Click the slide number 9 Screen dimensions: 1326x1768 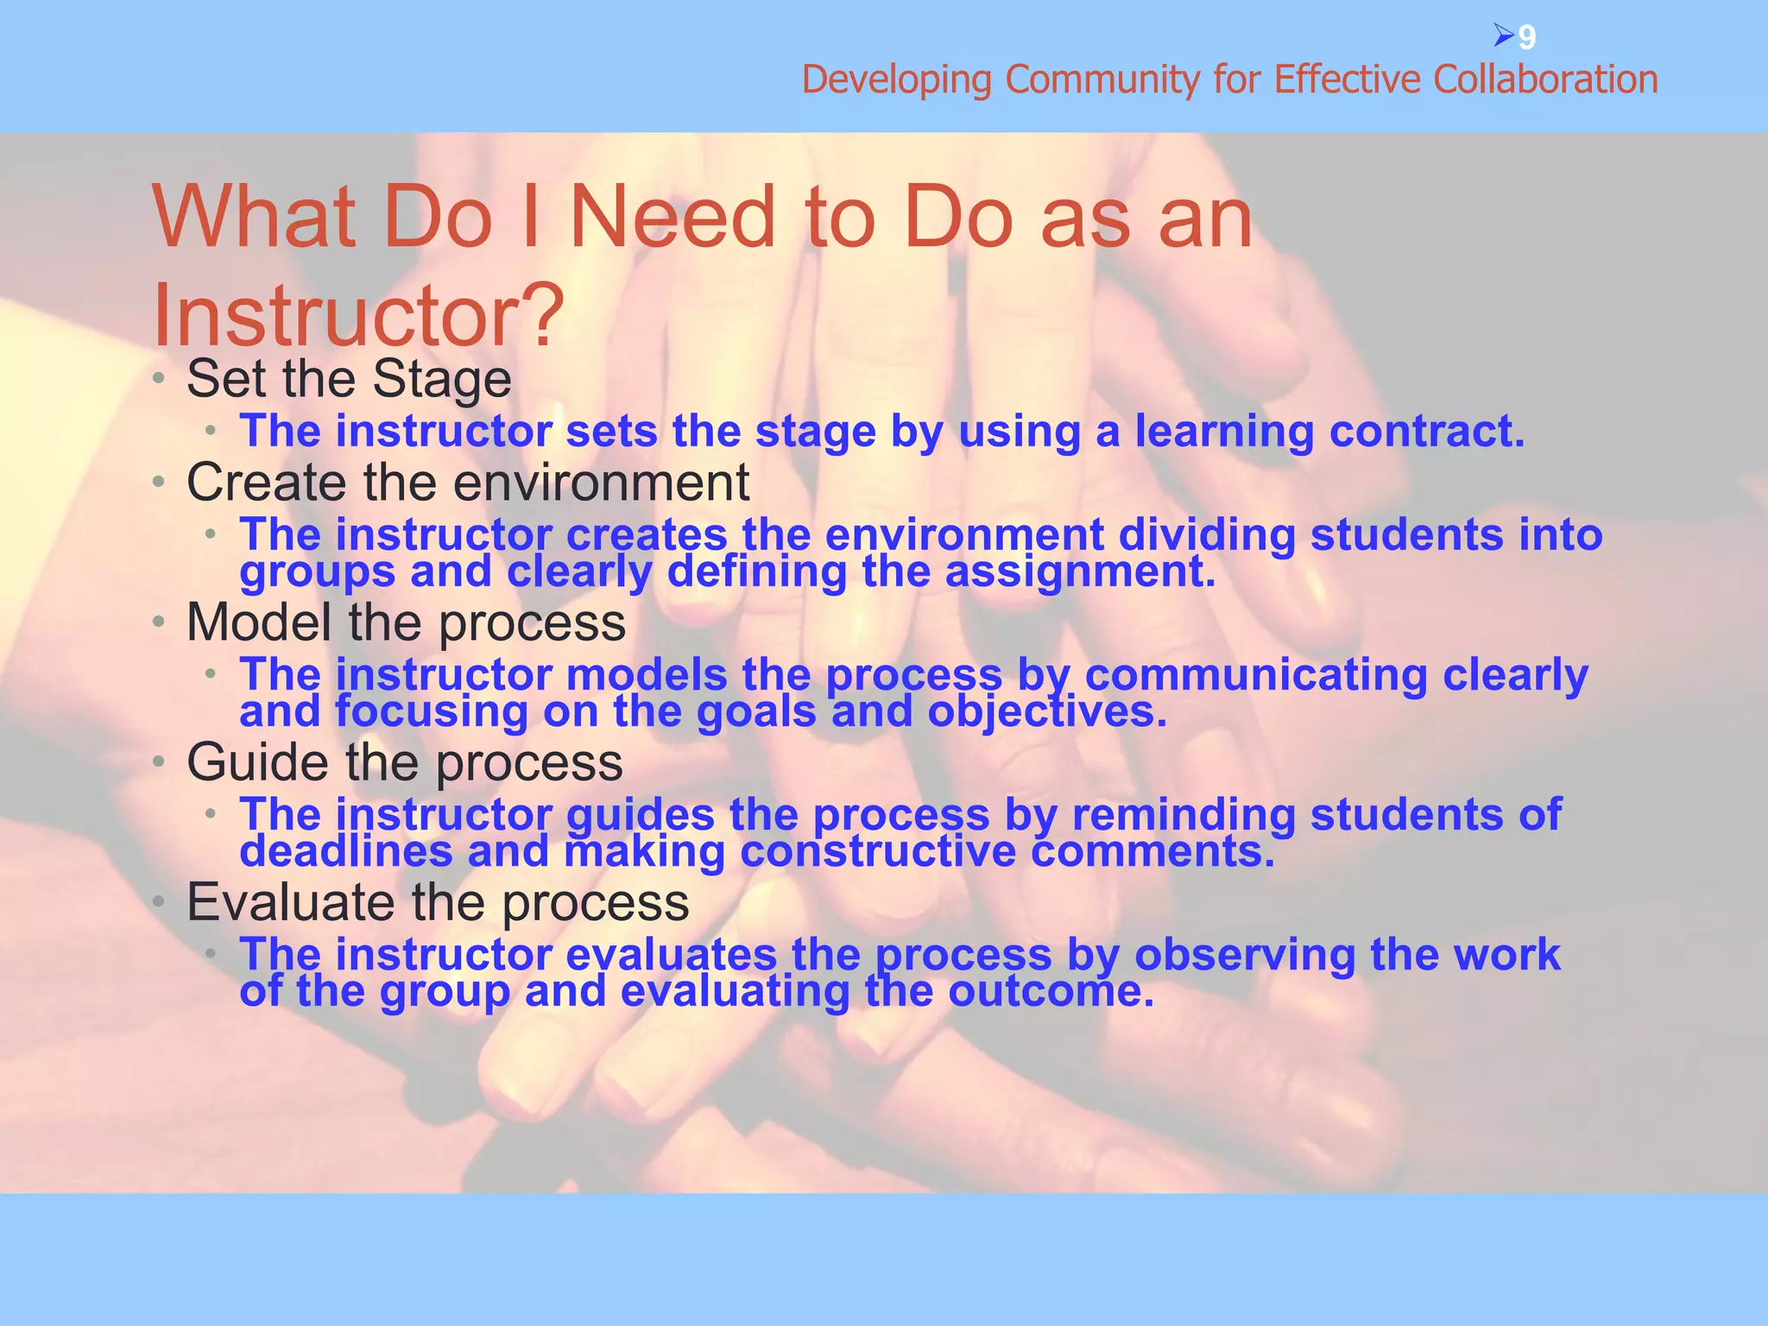[1527, 38]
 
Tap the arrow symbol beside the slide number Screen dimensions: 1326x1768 [1503, 36]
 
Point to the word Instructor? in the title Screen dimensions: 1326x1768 [358, 316]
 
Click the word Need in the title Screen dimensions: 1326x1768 [673, 218]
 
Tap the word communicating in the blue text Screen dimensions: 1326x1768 [1256, 675]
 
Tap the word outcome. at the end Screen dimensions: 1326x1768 [1051, 992]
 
